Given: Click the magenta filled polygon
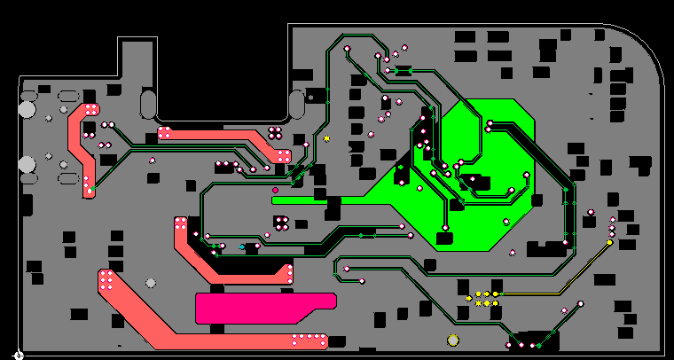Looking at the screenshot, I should coord(257,308).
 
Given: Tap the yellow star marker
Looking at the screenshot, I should coord(326,138).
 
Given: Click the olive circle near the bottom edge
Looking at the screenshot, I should coord(453,340).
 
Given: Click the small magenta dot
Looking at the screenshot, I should coord(275,190).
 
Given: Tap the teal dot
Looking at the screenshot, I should coord(242,247).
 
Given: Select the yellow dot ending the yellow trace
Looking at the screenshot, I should coord(609,242).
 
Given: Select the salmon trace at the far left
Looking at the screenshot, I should coord(82,146).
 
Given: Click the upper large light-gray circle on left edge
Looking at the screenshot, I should coord(27,110).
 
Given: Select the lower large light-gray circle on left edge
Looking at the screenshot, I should coord(27,164).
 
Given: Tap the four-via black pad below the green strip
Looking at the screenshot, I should coord(281,223).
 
